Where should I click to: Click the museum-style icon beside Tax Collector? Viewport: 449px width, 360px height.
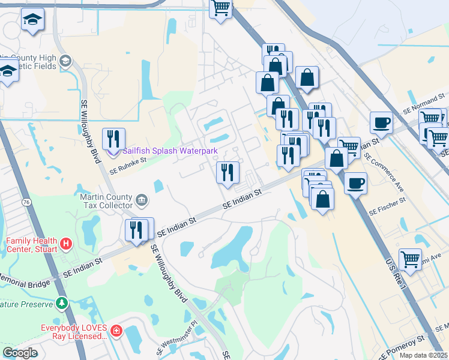[x=141, y=199]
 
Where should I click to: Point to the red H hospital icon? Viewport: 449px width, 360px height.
[x=66, y=244]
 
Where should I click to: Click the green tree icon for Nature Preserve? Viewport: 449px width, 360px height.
[x=61, y=303]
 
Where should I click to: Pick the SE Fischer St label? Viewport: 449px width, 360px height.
[x=388, y=205]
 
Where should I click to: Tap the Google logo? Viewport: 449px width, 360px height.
[x=20, y=353]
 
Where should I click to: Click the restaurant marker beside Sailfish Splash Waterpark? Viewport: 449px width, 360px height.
[x=113, y=139]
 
